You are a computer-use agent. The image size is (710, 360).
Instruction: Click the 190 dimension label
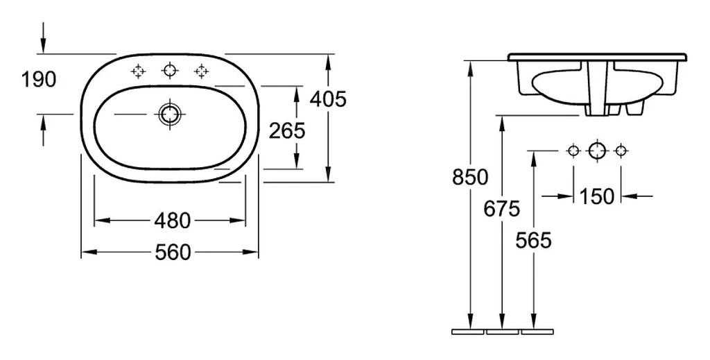(x=39, y=80)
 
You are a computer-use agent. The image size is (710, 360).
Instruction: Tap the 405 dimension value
(x=328, y=99)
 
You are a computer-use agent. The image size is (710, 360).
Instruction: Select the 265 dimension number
(x=287, y=131)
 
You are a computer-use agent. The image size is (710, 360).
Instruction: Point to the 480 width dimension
(x=172, y=221)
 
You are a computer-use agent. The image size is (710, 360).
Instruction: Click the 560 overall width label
(x=173, y=252)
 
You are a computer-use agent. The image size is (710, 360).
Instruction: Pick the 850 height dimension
(x=470, y=177)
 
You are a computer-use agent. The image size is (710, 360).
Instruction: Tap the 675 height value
(x=502, y=209)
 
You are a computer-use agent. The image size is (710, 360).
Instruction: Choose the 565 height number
(x=533, y=241)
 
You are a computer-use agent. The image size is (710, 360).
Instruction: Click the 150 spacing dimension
(x=597, y=196)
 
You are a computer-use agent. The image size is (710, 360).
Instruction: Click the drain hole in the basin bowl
(x=169, y=114)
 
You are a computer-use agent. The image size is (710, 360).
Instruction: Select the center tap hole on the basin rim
(x=170, y=71)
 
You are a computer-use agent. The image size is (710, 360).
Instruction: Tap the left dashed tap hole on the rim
(x=138, y=71)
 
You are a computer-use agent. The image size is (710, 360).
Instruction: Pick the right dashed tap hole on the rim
(x=201, y=71)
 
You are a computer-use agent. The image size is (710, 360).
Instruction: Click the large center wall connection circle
(x=597, y=151)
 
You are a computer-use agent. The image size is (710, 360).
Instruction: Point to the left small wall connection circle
(x=573, y=151)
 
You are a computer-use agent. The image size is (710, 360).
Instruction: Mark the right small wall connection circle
(x=621, y=151)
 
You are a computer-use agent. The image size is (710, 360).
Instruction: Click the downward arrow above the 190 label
(x=44, y=37)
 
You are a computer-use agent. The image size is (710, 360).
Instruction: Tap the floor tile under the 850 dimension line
(x=468, y=332)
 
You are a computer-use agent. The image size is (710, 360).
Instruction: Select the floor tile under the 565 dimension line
(x=537, y=332)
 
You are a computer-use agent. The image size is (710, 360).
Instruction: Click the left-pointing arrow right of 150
(x=637, y=196)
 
